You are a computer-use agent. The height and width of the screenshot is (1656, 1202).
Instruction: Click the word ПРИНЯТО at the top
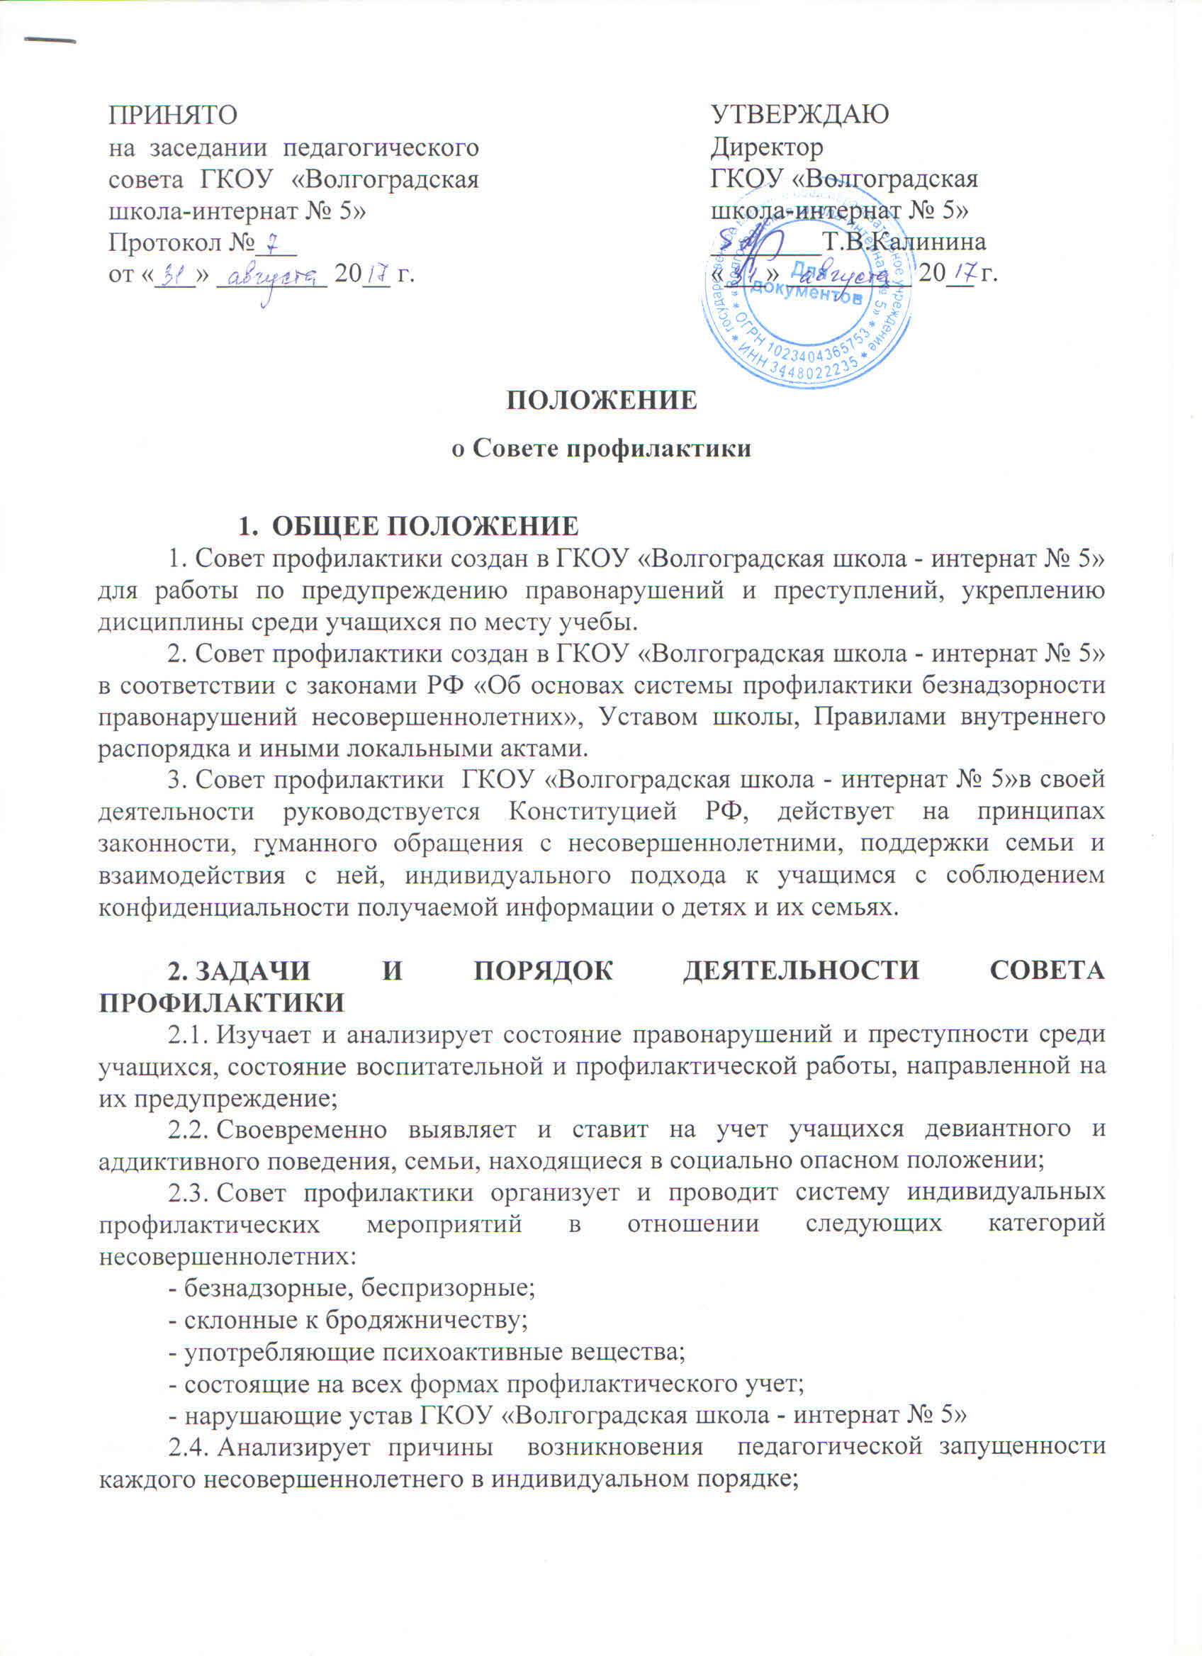173,115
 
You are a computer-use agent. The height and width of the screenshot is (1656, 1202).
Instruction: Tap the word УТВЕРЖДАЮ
800,115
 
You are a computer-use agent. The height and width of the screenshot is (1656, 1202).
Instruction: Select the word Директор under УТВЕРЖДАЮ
767,147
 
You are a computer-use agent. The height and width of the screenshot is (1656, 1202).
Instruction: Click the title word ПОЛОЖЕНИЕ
602,400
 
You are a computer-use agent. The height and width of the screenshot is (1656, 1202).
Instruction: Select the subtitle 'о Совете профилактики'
602,448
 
